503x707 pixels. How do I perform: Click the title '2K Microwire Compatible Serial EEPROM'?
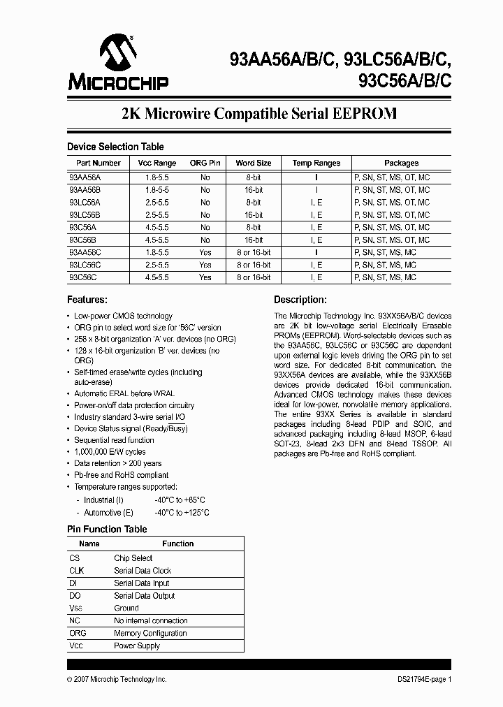(x=259, y=113)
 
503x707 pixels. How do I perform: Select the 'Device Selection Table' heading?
(x=115, y=147)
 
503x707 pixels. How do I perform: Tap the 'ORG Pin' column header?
(x=205, y=163)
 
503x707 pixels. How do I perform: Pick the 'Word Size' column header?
(x=253, y=163)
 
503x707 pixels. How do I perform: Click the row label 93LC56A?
(x=85, y=202)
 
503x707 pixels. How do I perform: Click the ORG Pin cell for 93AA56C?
(x=205, y=252)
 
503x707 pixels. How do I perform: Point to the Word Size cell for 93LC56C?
(x=253, y=265)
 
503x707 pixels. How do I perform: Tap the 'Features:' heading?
(x=87, y=300)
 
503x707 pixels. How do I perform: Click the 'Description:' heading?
(x=300, y=300)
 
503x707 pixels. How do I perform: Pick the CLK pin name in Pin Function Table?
(x=76, y=570)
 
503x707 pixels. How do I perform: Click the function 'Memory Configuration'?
(x=150, y=633)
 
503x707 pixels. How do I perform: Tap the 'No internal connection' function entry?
(x=150, y=620)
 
